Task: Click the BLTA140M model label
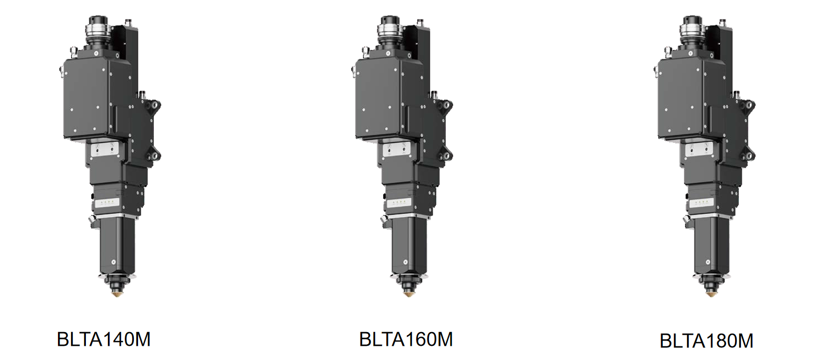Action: tap(104, 339)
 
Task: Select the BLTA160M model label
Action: tap(406, 339)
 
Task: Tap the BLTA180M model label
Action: tap(707, 341)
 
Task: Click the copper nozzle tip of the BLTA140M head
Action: tap(116, 293)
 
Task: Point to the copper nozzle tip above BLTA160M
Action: tap(408, 293)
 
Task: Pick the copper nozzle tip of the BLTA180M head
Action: tap(711, 293)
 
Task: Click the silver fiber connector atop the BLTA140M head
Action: tap(97, 31)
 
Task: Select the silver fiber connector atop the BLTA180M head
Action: tap(691, 31)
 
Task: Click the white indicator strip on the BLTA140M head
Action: tap(107, 202)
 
